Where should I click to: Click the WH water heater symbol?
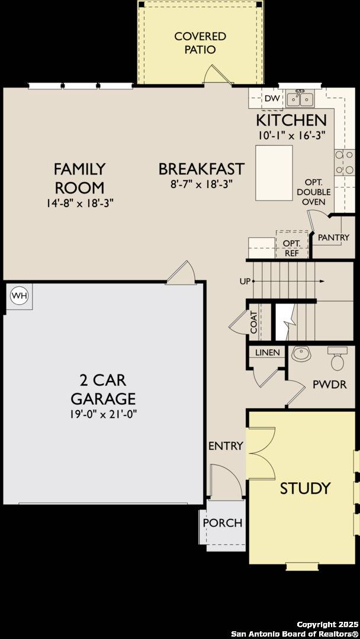[20, 295]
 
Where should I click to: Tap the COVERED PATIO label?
[200, 43]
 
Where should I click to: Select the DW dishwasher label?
[271, 99]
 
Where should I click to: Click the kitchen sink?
[300, 98]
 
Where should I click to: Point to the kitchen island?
[274, 173]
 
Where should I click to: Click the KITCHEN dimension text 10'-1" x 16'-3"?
[291, 135]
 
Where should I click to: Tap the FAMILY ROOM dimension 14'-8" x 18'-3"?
[79, 202]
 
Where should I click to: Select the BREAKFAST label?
[201, 169]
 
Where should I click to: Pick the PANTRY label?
[333, 237]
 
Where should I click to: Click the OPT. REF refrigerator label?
[291, 248]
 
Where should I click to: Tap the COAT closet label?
[253, 322]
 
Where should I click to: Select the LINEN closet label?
[267, 353]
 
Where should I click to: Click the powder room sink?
[301, 354]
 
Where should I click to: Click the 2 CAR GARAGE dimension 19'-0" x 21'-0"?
[104, 414]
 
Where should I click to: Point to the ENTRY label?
[226, 446]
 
